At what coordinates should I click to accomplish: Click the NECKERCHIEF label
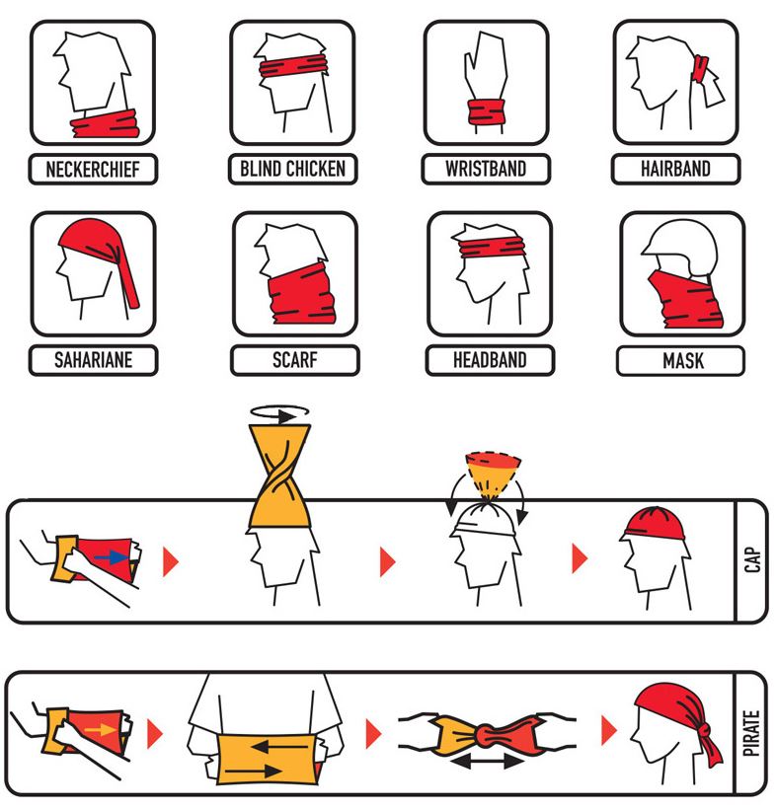tap(93, 169)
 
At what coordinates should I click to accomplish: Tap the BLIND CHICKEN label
tap(292, 169)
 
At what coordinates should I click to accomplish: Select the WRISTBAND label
tap(486, 169)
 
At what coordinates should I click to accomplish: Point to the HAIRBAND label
tap(675, 169)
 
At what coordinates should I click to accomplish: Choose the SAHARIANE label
tap(93, 360)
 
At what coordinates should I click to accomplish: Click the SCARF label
tap(294, 360)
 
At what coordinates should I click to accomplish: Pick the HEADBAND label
tap(490, 360)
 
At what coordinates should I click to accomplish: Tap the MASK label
tap(683, 360)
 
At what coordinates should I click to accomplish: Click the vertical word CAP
tap(752, 559)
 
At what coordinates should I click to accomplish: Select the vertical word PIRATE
tap(751, 733)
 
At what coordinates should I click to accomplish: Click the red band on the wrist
tap(486, 112)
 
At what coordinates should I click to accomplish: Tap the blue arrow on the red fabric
tap(112, 557)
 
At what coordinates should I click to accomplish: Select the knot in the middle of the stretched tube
tap(486, 735)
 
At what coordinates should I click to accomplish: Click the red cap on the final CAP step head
tap(655, 523)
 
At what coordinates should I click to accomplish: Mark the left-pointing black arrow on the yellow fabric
tap(279, 747)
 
